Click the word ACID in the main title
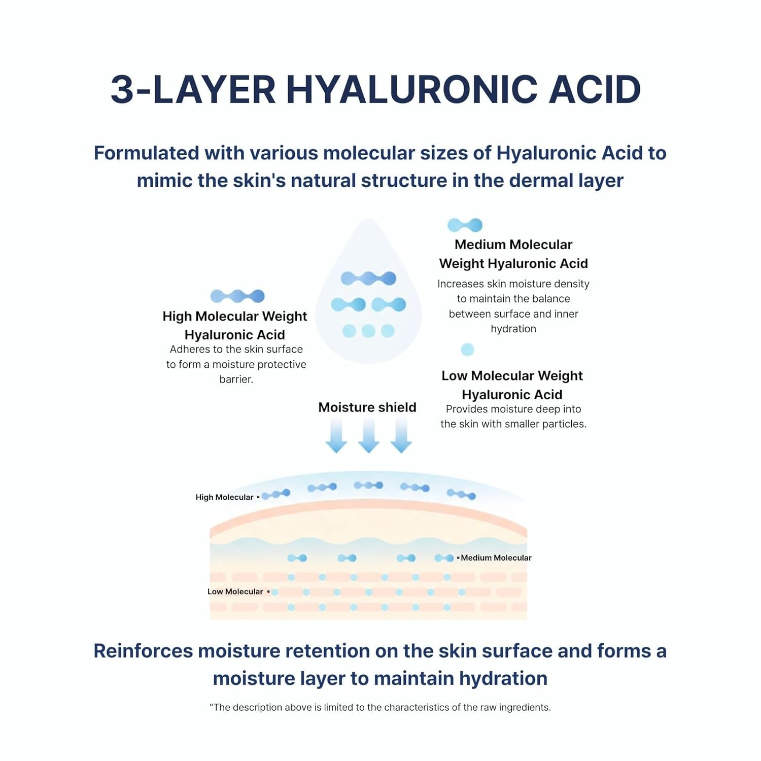tap(595, 90)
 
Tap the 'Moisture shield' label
tap(367, 407)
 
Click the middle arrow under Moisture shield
tap(369, 435)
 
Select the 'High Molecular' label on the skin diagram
tap(224, 497)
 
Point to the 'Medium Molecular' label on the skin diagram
tap(496, 558)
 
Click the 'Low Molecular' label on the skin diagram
tap(235, 592)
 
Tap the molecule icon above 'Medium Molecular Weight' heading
tap(465, 225)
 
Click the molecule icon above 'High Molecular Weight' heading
tap(237, 296)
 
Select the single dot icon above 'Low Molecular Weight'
tap(467, 349)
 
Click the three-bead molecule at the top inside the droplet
tap(368, 278)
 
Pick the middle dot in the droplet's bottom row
tap(368, 331)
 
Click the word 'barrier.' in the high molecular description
tap(236, 379)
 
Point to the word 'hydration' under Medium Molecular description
tap(513, 329)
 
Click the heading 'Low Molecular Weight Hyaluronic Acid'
tap(512, 385)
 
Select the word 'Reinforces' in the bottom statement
tap(143, 651)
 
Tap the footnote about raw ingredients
tap(380, 707)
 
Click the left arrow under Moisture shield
tap(336, 435)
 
